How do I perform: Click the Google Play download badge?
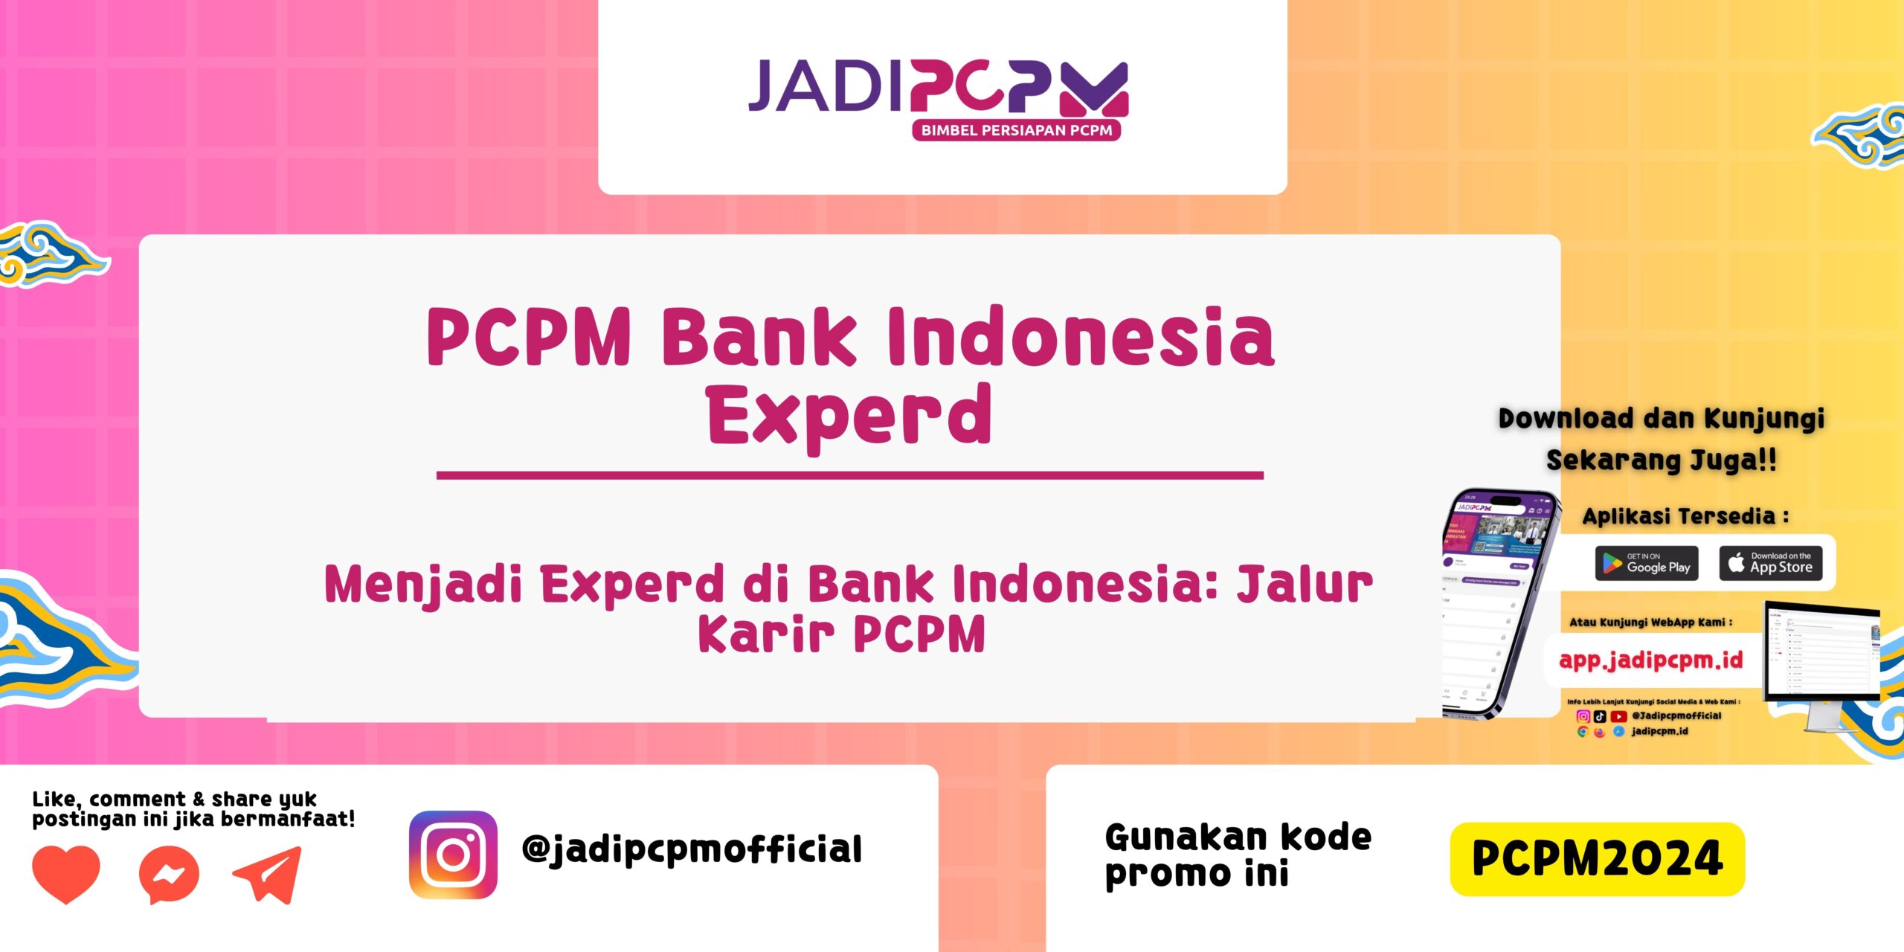1647,563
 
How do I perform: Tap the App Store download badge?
1770,563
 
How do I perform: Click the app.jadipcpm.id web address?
1650,660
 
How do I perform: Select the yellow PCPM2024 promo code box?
1597,858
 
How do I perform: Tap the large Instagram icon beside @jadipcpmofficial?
453,855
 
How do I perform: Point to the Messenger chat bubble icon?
169,875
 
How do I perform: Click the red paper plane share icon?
268,875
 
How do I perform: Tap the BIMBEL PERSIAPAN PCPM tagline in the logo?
1016,130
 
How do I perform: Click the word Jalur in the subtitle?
1305,584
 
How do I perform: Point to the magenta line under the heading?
849,475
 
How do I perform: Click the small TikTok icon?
1600,716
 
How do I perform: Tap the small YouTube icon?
1618,716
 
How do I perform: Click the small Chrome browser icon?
1583,732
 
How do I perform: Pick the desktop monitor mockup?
1821,654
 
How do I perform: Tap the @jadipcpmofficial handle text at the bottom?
692,850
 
